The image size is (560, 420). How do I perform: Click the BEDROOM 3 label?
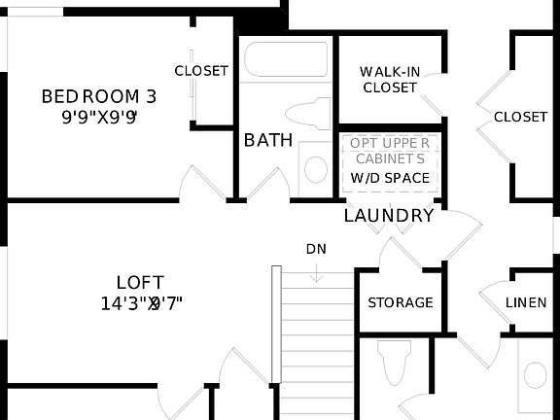[x=98, y=96]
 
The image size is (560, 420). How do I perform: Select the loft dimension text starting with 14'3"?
[x=141, y=302]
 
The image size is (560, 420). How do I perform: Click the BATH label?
[x=268, y=140]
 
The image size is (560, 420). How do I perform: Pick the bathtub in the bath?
[x=286, y=60]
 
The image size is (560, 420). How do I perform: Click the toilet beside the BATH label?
[x=309, y=113]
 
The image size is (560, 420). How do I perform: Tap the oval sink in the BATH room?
[x=316, y=168]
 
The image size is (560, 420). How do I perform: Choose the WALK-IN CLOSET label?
[x=389, y=80]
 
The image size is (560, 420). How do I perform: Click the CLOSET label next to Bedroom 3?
[x=201, y=71]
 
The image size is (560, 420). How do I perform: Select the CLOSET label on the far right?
[x=520, y=117]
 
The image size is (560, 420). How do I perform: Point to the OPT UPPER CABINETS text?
[x=389, y=151]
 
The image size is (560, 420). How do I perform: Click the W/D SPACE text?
[x=389, y=178]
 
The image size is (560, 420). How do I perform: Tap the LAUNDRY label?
[x=389, y=215]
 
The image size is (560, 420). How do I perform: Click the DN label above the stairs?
[x=316, y=249]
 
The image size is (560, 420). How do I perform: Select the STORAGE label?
[x=400, y=302]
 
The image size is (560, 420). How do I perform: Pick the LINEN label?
[x=526, y=302]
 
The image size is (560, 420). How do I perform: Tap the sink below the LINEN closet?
[x=535, y=373]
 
